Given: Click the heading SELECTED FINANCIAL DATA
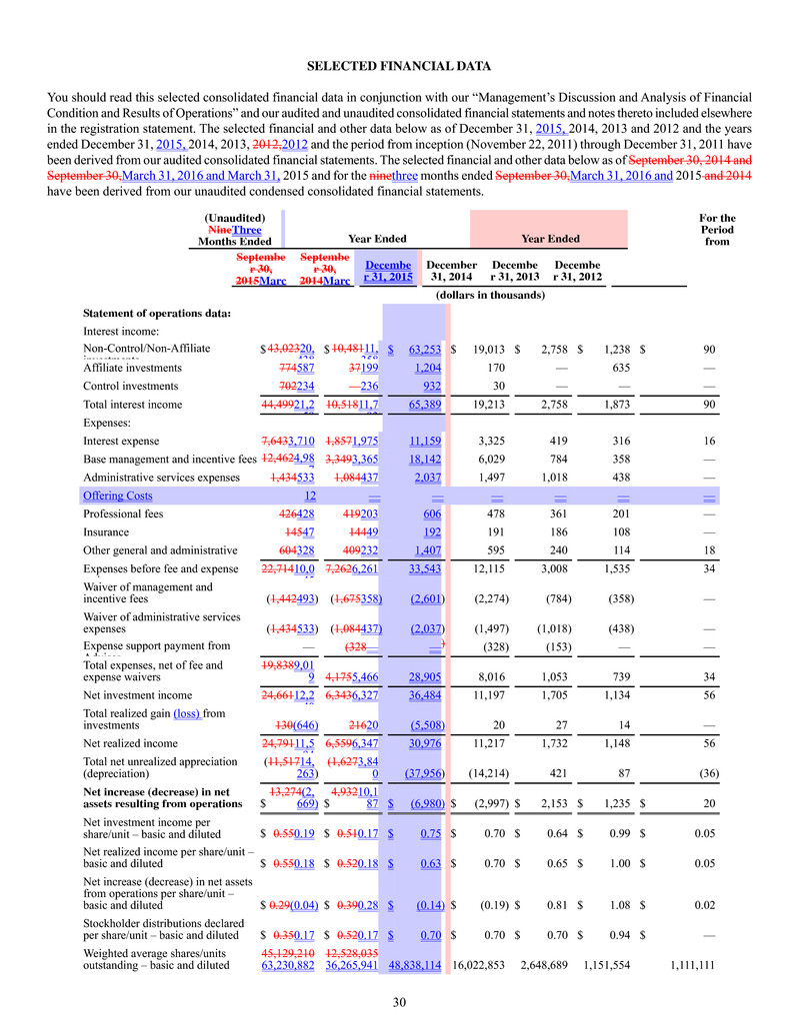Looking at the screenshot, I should tap(399, 67).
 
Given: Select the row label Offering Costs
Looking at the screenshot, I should tap(117, 496).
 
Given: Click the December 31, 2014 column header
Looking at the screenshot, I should tap(451, 270).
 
